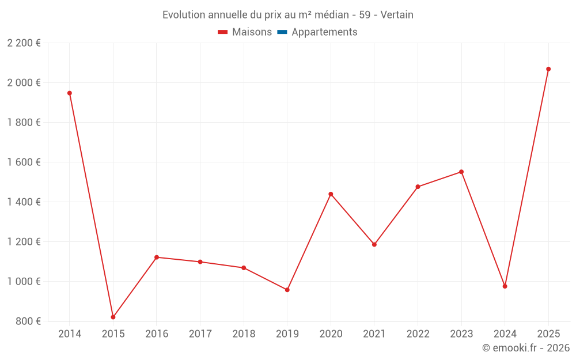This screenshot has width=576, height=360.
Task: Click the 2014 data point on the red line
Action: tap(70, 93)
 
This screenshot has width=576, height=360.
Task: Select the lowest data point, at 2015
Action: tap(113, 317)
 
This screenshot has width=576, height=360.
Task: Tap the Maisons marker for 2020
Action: tap(331, 194)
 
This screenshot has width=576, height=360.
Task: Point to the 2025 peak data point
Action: tap(548, 69)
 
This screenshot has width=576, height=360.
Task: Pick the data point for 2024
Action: tap(505, 286)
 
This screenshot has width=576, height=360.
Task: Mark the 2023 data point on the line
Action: tap(461, 172)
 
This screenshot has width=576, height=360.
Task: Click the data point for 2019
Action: tap(287, 290)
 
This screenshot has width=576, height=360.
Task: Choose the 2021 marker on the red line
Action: tap(374, 244)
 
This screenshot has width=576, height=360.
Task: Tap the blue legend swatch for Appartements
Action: tap(282, 32)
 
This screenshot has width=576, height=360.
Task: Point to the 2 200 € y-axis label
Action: tap(24, 43)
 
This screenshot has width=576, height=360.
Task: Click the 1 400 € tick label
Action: tap(24, 202)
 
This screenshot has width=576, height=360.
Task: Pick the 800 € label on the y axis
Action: tap(28, 321)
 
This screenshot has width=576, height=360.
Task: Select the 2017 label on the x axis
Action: tap(200, 334)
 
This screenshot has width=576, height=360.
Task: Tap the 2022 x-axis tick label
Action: tap(418, 334)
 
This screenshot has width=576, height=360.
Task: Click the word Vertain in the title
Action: tap(397, 15)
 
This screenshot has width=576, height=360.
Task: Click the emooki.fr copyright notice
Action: tap(525, 348)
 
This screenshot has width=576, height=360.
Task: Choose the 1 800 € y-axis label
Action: tap(24, 122)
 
